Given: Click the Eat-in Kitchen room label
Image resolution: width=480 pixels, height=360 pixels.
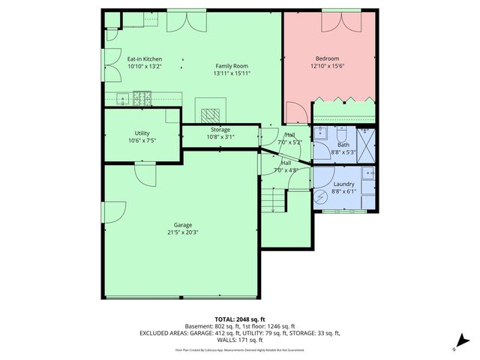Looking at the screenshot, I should (144, 58).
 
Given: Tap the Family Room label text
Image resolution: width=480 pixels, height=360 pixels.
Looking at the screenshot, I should (231, 66).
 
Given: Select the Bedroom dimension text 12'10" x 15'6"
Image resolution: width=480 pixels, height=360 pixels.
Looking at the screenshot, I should (328, 66).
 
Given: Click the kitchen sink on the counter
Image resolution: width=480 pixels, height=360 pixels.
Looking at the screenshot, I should (121, 96).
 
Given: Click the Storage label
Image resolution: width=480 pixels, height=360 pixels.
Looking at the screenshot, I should (220, 130).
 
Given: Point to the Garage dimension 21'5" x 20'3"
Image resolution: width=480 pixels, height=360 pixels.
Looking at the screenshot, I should (182, 232).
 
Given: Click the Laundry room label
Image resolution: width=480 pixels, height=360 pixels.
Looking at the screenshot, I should (344, 184).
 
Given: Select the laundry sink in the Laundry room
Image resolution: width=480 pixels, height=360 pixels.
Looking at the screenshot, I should (367, 174).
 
